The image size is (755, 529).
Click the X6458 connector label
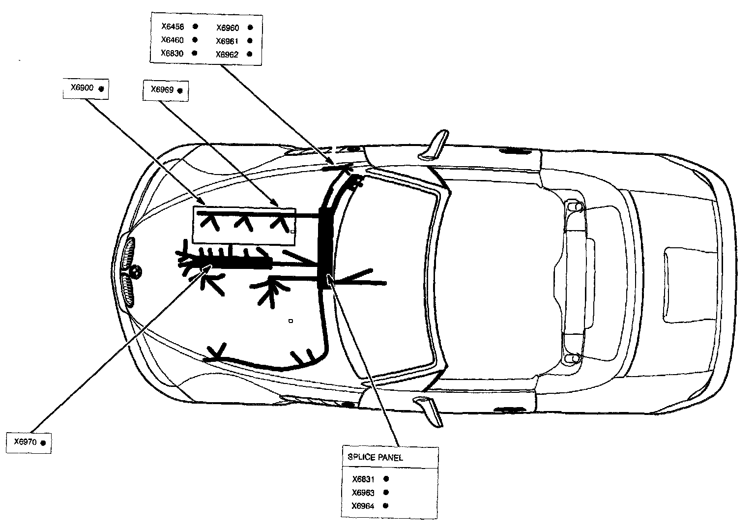(x=172, y=27)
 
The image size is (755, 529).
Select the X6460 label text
(x=172, y=40)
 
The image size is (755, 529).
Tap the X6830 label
(x=172, y=53)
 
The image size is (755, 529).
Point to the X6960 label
(x=227, y=28)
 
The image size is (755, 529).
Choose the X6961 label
(x=227, y=41)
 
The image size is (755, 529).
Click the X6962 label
(x=227, y=55)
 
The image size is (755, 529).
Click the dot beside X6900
(x=101, y=89)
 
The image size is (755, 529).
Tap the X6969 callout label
(x=162, y=90)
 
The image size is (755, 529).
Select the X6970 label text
(x=25, y=442)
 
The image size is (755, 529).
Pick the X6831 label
(x=363, y=479)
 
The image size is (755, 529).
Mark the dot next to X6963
(x=386, y=492)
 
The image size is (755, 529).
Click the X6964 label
(x=363, y=506)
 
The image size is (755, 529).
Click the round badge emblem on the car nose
(x=136, y=271)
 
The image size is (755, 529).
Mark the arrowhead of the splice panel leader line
(x=330, y=278)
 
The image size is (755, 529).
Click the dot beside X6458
(x=195, y=27)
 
